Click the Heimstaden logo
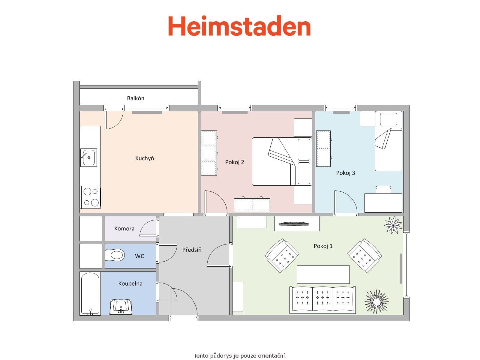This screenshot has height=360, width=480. [239, 26]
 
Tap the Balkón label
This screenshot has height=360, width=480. [136, 98]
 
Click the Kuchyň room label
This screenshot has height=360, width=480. [145, 158]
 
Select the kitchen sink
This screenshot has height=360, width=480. [88, 157]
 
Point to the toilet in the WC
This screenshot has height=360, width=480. [115, 255]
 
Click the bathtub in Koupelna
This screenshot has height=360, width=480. [90, 293]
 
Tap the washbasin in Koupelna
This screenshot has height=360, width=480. [121, 306]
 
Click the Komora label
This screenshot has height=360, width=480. [124, 229]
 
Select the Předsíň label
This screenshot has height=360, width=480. [192, 250]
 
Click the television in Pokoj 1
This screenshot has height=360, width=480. [294, 223]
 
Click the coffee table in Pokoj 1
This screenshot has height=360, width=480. [323, 274]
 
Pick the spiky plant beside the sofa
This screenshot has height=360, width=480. [376, 301]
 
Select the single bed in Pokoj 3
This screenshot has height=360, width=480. [388, 141]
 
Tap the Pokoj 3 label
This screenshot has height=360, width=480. [346, 173]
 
